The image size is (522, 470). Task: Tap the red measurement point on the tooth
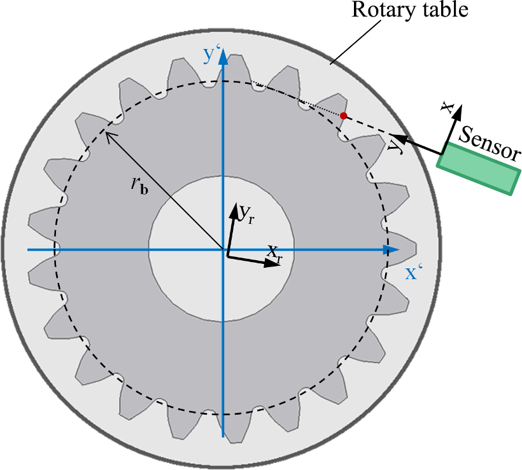pyautogui.click(x=344, y=116)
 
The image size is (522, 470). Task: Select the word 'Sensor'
pyautogui.click(x=490, y=142)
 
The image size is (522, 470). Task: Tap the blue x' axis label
pyautogui.click(x=414, y=273)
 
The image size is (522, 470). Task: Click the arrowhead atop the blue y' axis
pyautogui.click(x=223, y=57)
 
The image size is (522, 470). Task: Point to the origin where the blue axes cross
pyautogui.click(x=223, y=250)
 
